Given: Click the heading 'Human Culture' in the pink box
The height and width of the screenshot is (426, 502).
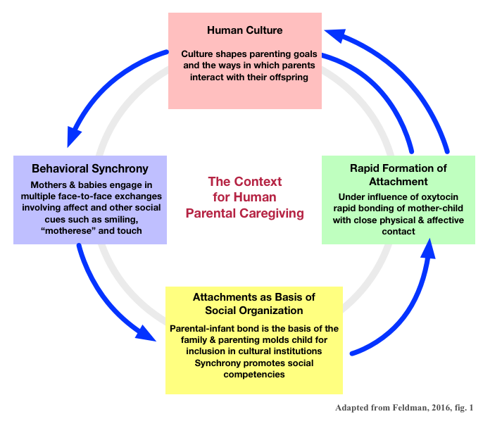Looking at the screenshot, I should (244, 30).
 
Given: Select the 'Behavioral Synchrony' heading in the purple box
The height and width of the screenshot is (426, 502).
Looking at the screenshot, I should (90, 169).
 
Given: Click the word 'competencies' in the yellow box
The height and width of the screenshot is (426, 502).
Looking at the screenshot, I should (255, 374).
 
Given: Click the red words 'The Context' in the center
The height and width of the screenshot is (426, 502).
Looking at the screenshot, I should (244, 182).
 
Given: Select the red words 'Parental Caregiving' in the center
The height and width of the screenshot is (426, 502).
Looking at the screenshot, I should (244, 213).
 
